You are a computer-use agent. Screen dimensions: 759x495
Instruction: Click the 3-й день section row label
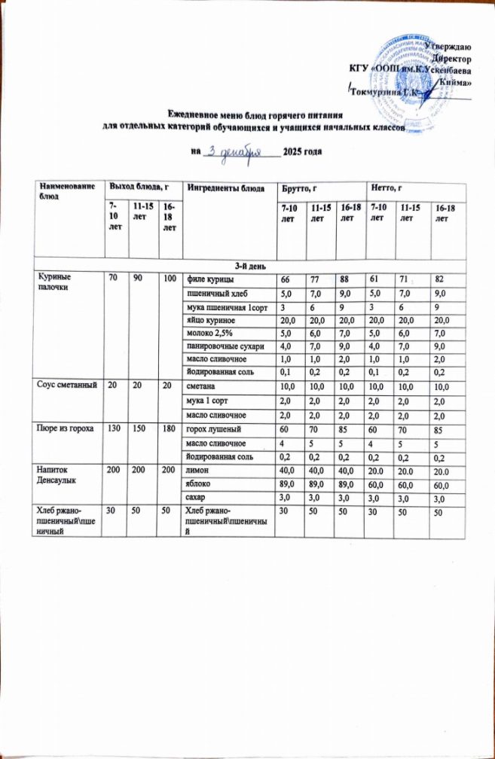249,265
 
